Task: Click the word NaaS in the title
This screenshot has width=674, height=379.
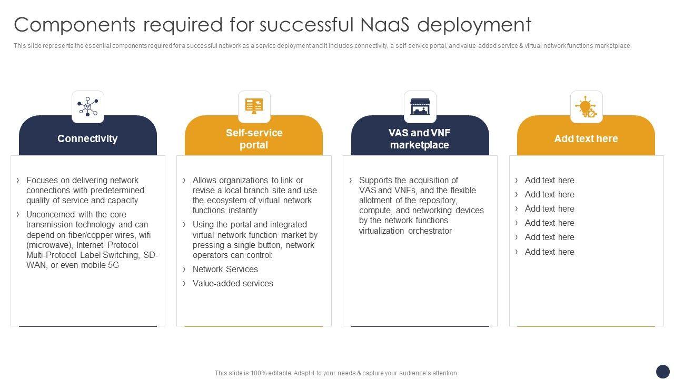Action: (x=388, y=25)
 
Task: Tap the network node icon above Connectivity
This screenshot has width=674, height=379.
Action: (x=88, y=106)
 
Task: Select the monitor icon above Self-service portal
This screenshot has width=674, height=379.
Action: (x=254, y=106)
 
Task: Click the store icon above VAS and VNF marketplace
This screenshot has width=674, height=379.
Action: (x=420, y=106)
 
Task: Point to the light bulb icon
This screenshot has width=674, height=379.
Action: (x=586, y=106)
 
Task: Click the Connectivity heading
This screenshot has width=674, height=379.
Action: (x=87, y=138)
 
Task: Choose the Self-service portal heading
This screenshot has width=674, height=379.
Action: (x=254, y=139)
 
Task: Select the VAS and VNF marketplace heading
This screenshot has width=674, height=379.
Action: (x=420, y=139)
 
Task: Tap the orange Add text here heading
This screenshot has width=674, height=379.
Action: (x=586, y=138)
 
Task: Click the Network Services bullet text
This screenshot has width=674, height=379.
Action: (x=225, y=269)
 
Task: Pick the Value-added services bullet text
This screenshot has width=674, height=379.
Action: (x=233, y=283)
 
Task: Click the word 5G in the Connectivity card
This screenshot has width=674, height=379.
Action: (x=113, y=265)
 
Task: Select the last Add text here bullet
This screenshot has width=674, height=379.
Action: (x=549, y=252)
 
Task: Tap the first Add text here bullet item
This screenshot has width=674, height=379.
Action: (x=549, y=180)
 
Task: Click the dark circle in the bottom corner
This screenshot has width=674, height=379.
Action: (x=662, y=371)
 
